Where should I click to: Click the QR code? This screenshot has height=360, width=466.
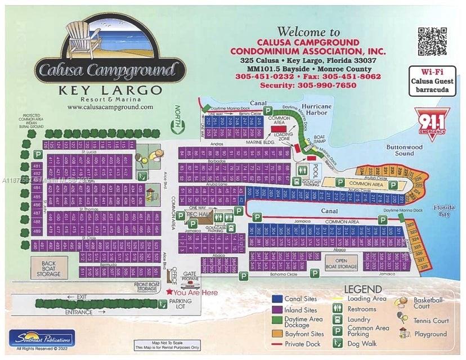[x=432, y=42]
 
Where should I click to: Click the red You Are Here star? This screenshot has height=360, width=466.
[x=169, y=292]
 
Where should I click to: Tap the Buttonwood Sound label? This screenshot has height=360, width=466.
[x=404, y=150]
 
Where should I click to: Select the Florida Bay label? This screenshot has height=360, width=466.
[x=448, y=210]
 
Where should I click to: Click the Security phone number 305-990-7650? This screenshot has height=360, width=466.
[x=308, y=85]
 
